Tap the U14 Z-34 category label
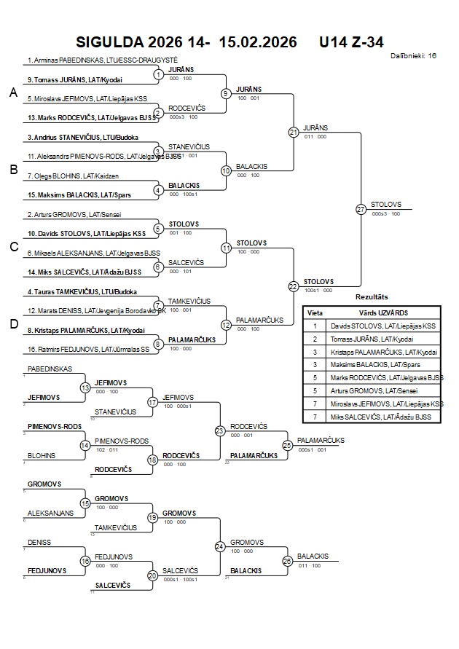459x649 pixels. pyautogui.click(x=351, y=42)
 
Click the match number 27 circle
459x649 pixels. pyautogui.click(x=361, y=209)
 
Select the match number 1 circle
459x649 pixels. pyautogui.click(x=158, y=74)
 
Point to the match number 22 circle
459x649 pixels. pyautogui.click(x=294, y=286)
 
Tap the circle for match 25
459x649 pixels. pyautogui.click(x=288, y=444)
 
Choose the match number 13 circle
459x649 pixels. pyautogui.click(x=85, y=388)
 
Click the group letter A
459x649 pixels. pyautogui.click(x=12, y=93)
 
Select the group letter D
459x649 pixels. pyautogui.click(x=12, y=324)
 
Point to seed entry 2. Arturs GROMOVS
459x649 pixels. pyautogui.click(x=74, y=215)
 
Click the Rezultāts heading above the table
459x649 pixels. pyautogui.click(x=372, y=297)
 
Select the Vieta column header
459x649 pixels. pyautogui.click(x=315, y=312)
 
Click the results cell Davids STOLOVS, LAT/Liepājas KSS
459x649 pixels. pyautogui.click(x=383, y=326)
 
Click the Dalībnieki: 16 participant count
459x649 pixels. pyautogui.click(x=413, y=55)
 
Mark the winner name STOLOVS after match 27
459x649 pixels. pyautogui.click(x=385, y=205)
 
